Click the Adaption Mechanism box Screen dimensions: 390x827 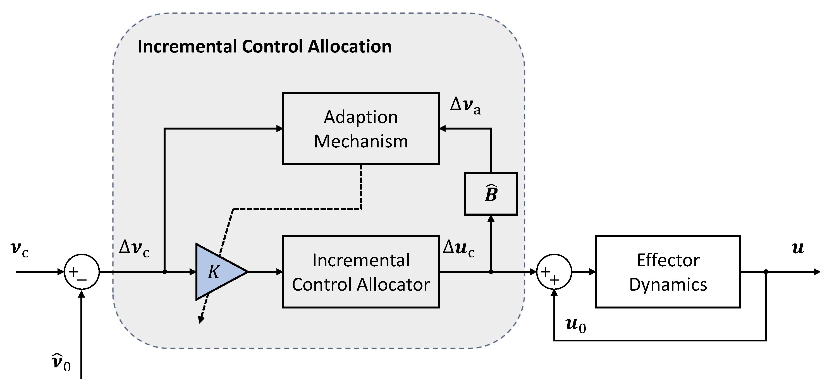[x=360, y=129]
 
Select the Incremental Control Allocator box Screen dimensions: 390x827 [x=360, y=272]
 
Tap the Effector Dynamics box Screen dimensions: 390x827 [x=668, y=272]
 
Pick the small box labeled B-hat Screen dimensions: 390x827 [x=491, y=194]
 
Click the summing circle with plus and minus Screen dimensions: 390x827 [x=82, y=272]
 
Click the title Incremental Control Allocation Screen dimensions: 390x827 [x=264, y=46]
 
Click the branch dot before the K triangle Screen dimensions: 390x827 [x=164, y=272]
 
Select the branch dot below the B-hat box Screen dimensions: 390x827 [x=491, y=272]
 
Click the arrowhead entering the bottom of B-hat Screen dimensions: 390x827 [x=491, y=219]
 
